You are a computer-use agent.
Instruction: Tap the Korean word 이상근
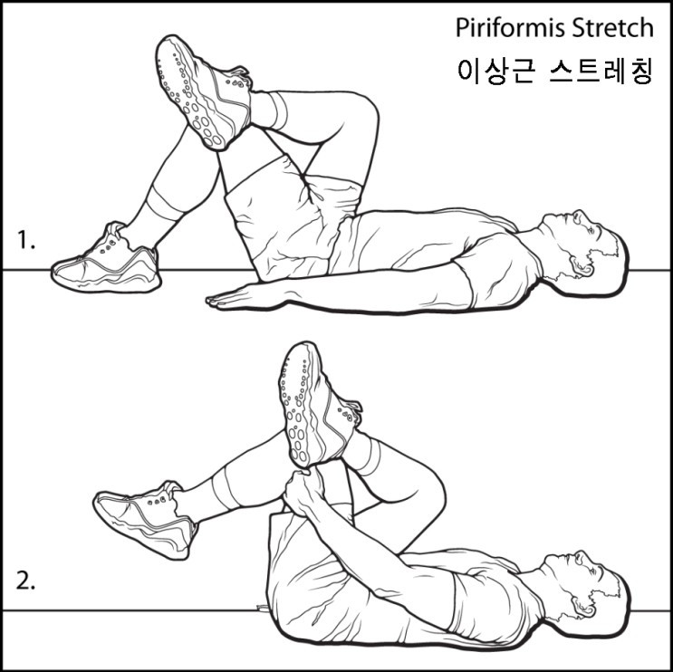[496, 71]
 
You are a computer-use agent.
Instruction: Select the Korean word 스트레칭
[601, 71]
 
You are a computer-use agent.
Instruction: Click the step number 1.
[25, 239]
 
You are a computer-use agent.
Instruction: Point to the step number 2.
[25, 581]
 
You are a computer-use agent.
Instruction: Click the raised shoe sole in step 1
[193, 92]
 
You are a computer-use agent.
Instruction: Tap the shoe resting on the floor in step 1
[107, 263]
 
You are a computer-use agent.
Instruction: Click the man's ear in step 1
[581, 266]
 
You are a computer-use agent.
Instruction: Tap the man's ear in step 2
[582, 606]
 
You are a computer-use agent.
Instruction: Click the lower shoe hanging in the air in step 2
[146, 518]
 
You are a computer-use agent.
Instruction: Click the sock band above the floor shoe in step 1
[165, 203]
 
